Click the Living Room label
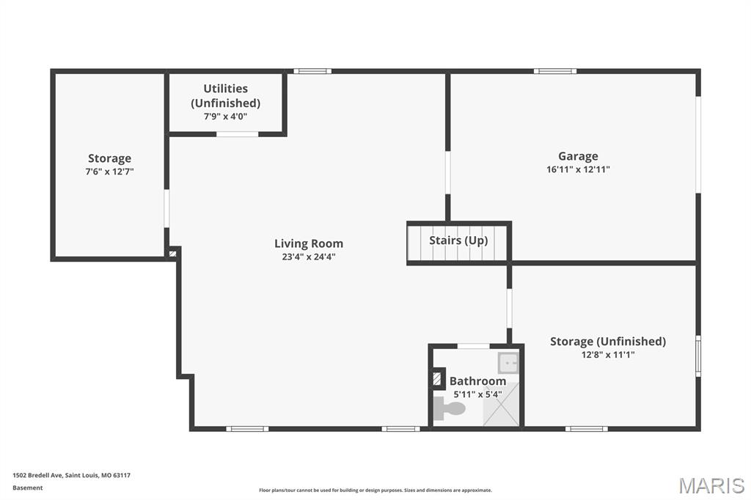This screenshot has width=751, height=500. coord(309,243)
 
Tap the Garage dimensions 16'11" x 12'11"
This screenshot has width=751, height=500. coord(578,169)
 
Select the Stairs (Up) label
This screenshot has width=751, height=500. coord(458,240)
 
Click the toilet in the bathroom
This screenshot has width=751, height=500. coord(450,408)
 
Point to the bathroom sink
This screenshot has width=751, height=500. coord(508,363)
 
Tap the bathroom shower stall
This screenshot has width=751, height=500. coord(501,404)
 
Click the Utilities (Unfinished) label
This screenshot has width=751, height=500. coord(226,96)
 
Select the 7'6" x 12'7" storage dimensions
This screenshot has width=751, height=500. coord(110,172)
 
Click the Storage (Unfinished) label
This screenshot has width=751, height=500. coord(608,341)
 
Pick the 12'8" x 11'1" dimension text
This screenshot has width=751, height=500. coord(608,354)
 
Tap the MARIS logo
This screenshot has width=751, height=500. coord(711,485)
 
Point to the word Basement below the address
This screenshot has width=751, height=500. coord(28,488)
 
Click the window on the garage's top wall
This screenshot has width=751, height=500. coord(555,71)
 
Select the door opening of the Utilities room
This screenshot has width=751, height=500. coord(238,134)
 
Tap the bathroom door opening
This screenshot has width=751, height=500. coord(473,346)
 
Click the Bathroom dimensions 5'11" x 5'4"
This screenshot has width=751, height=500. coord(477,394)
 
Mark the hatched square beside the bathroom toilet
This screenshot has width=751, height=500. coord(437,379)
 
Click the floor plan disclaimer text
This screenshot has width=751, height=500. coord(375,490)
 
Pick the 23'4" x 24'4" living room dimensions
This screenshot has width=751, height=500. coord(309,257)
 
